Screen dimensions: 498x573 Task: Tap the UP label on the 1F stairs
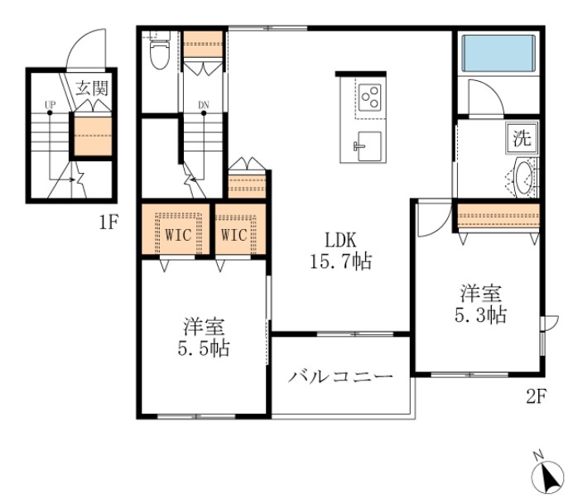point(50,105)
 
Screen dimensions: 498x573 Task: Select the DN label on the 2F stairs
point(203,105)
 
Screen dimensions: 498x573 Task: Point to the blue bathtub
point(497,53)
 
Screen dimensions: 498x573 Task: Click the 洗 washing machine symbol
point(522,138)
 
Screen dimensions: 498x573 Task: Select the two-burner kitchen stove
point(370,97)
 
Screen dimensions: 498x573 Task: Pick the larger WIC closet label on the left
point(177,235)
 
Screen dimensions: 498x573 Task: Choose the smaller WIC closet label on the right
point(234,235)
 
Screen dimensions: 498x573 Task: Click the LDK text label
point(339,240)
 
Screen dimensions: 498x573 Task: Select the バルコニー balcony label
point(340,377)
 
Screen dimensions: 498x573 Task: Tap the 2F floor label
point(535,395)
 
